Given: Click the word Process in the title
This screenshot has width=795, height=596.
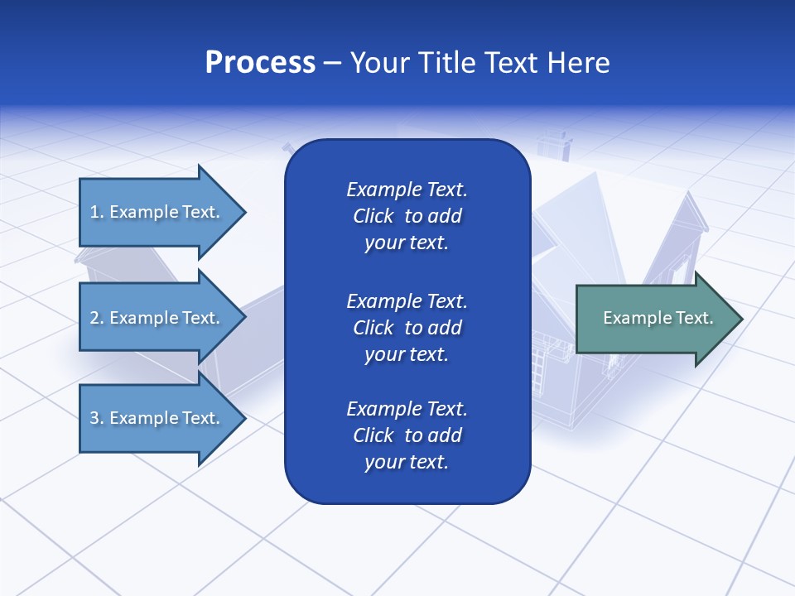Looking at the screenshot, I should (260, 63).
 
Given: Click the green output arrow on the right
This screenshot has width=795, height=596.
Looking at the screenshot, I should (654, 319).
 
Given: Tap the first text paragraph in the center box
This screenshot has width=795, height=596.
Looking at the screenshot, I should (407, 216).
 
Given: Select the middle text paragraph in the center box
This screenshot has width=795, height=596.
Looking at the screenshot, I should (407, 328).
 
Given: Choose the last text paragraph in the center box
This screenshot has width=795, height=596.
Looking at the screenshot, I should (407, 435).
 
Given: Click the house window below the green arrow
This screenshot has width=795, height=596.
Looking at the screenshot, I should (543, 365).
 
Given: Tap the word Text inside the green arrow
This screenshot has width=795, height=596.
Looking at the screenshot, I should (692, 318).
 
